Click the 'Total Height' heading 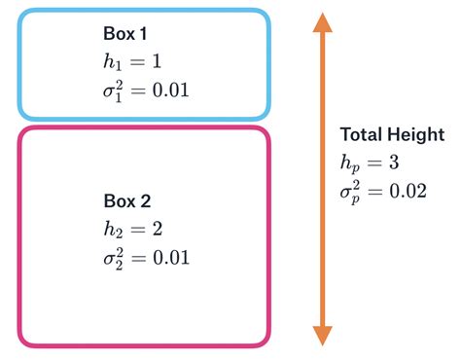point(392,134)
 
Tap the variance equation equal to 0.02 point(383,191)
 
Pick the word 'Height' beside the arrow point(417,134)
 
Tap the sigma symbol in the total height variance point(347,192)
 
